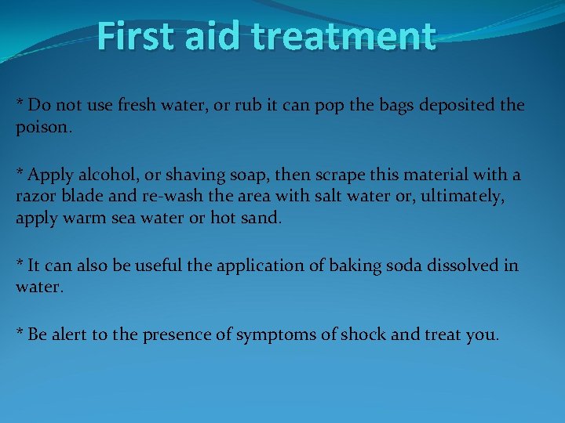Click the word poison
[x=43, y=126]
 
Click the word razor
[x=36, y=197]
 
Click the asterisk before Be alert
[x=20, y=332]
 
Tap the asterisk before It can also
[x=20, y=263]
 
